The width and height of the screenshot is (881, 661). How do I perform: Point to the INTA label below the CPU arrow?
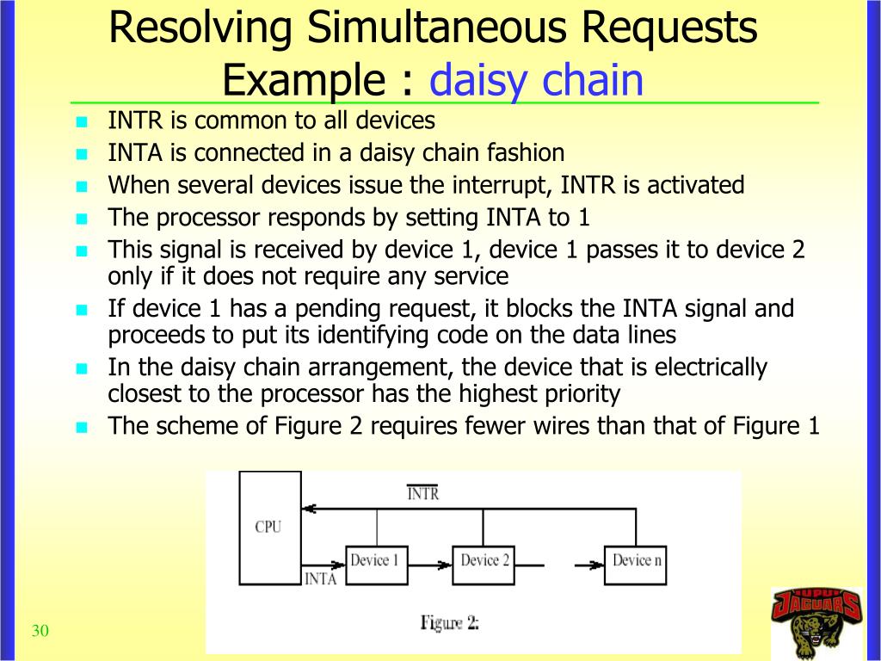320,578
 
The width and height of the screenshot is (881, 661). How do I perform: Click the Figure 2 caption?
449,622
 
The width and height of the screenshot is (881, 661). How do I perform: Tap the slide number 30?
40,632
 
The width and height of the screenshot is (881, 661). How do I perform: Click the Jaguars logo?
816,621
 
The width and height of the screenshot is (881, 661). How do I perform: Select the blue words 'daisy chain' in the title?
536,80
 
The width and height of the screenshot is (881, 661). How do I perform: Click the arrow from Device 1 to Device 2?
428,565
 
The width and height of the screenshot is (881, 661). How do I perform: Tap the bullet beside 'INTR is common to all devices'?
83,121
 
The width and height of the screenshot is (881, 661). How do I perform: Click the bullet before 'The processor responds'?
83,219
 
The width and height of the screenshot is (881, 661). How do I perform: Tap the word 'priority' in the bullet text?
579,394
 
